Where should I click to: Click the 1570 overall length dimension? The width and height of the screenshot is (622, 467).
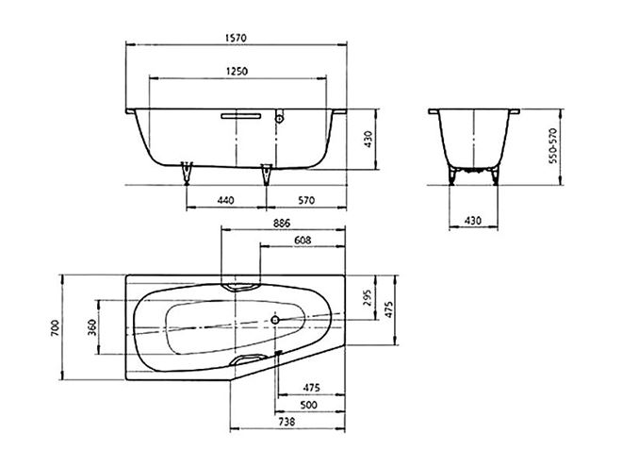coord(236,38)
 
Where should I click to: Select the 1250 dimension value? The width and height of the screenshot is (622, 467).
coord(237,72)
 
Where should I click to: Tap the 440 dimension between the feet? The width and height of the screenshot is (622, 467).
coord(226,200)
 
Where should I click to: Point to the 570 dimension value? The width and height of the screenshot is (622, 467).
coord(306,200)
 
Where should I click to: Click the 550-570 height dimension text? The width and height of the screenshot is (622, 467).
coord(552,145)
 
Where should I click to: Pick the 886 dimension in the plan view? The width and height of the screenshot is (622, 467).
coord(282,223)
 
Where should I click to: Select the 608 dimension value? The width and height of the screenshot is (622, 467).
coord(303,241)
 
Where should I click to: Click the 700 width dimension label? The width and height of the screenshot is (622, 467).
coord(55,327)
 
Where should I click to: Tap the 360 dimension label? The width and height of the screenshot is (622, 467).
coord(92,327)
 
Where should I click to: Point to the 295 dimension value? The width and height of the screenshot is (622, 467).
coord(368,297)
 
